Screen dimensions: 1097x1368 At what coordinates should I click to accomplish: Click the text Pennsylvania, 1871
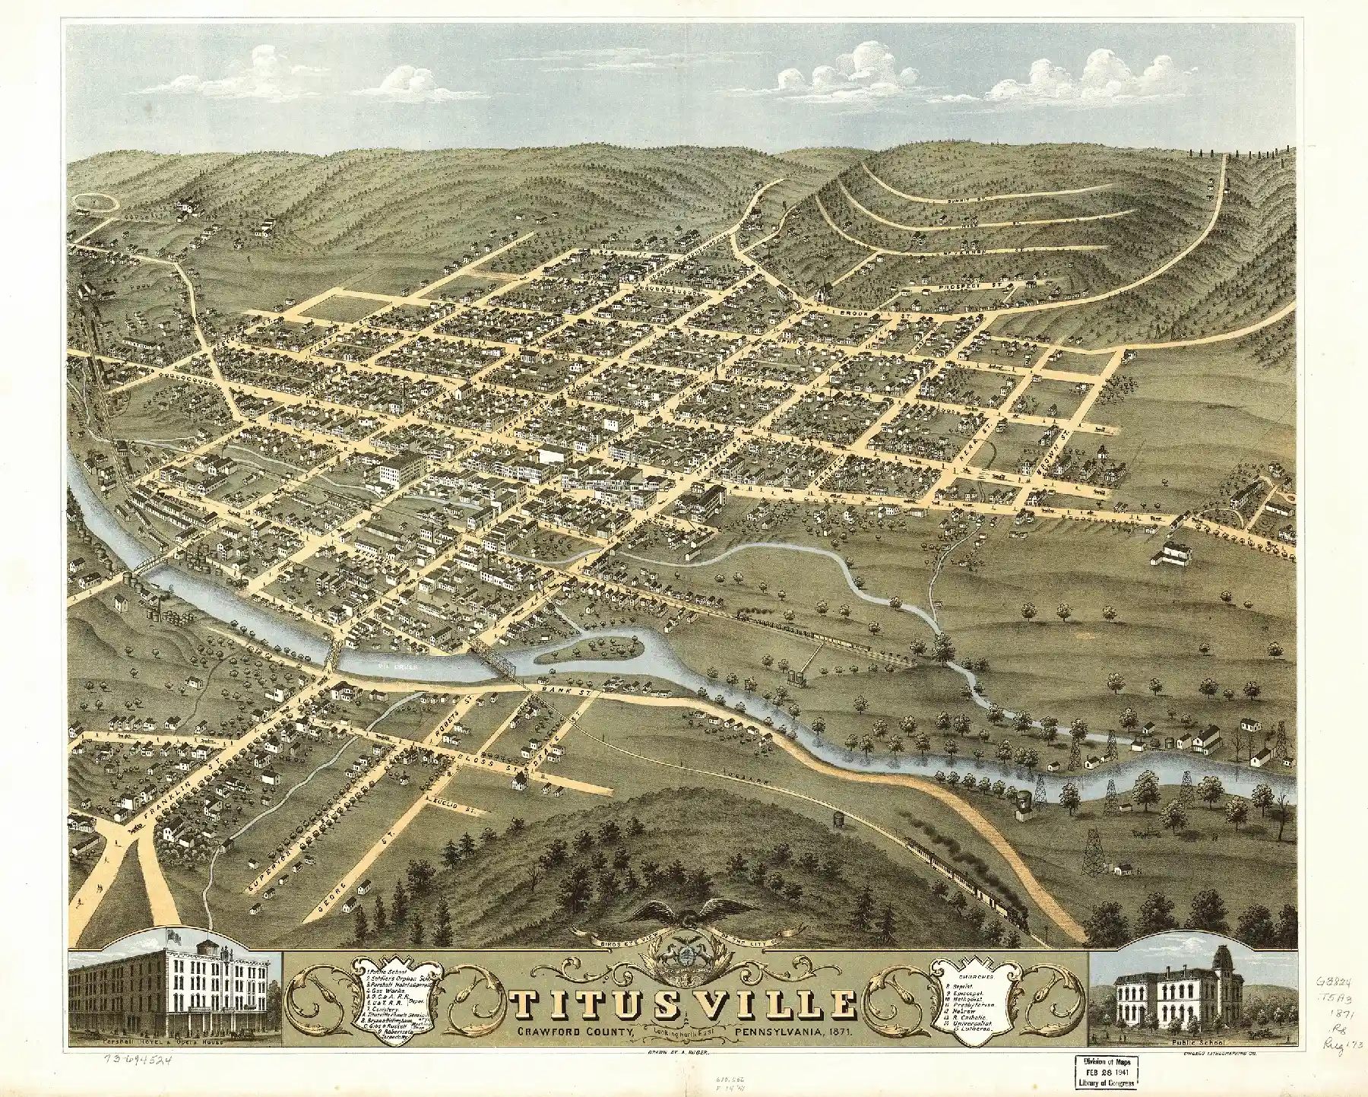[x=794, y=1033]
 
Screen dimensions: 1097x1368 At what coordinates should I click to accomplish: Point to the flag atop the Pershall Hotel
[x=176, y=936]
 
